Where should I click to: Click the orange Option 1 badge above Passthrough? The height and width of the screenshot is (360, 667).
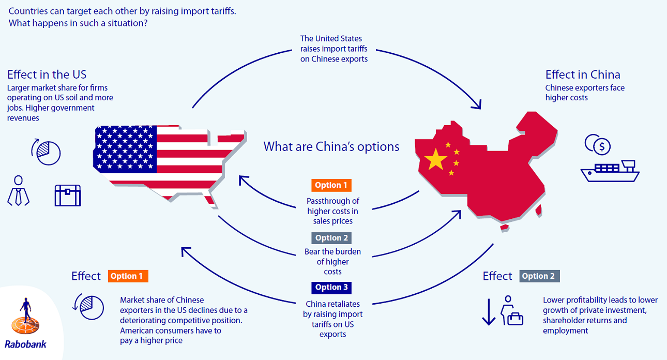click(x=331, y=185)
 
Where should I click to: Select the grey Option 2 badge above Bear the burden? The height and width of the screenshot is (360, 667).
click(x=331, y=238)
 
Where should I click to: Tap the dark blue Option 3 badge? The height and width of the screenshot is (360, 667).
click(x=331, y=288)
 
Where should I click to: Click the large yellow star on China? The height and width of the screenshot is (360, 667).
click(x=435, y=159)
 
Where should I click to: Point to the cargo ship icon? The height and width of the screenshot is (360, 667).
click(x=610, y=171)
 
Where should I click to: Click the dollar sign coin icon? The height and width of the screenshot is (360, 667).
click(x=598, y=145)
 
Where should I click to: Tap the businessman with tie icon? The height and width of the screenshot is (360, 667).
click(x=18, y=190)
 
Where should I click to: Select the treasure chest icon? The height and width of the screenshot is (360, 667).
click(x=68, y=196)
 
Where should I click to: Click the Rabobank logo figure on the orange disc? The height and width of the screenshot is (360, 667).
click(x=26, y=317)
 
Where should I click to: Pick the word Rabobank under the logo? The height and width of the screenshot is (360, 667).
click(x=26, y=344)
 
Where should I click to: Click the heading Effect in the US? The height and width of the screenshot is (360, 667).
click(x=47, y=74)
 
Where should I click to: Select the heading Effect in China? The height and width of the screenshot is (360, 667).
click(x=583, y=74)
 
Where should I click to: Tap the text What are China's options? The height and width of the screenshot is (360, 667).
click(x=331, y=146)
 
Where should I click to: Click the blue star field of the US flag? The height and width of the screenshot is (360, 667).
click(x=125, y=149)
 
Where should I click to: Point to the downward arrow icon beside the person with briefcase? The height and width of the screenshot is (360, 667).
click(x=489, y=312)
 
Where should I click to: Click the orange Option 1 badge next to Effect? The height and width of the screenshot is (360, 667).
click(x=128, y=276)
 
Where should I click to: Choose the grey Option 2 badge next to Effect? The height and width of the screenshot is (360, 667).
click(x=540, y=276)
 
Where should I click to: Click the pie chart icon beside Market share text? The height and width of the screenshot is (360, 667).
click(x=88, y=307)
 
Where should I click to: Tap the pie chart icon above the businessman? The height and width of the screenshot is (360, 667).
click(x=46, y=152)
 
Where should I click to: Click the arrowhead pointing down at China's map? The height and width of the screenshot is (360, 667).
click(x=476, y=104)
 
